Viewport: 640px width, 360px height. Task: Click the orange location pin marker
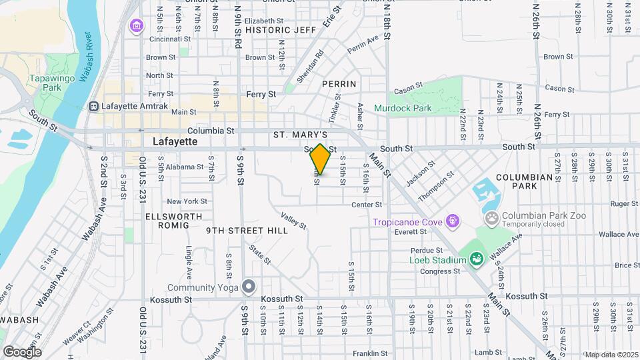[320, 160]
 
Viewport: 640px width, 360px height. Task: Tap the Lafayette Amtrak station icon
[94, 106]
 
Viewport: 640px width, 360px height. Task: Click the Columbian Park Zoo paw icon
[492, 217]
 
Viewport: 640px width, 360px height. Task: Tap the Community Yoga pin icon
[249, 287]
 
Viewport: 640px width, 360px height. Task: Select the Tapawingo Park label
[45, 83]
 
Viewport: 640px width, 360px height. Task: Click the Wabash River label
[86, 57]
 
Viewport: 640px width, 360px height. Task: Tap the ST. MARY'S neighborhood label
[300, 135]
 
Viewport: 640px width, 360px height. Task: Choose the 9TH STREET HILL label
[247, 230]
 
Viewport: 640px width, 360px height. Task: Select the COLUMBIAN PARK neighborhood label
[525, 182]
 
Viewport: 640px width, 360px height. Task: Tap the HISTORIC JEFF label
[280, 30]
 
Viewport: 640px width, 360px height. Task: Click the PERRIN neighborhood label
[339, 84]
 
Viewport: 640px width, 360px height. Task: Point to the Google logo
[22, 351]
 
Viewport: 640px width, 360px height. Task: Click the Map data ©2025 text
[611, 355]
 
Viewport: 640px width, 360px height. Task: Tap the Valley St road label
[293, 221]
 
